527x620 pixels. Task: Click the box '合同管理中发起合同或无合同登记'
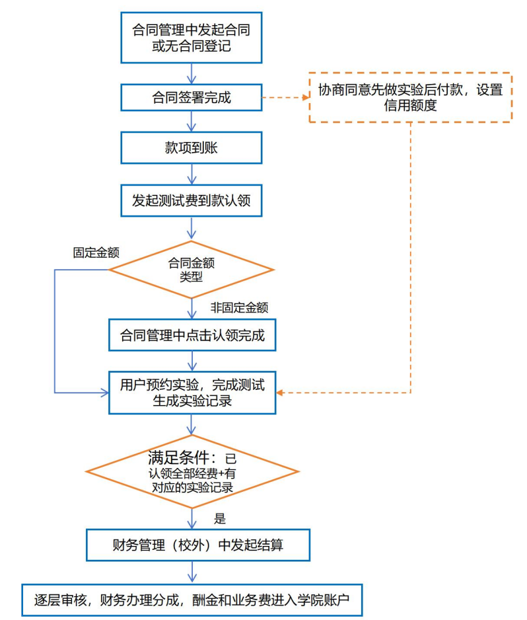(x=192, y=38)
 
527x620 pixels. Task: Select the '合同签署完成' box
(x=192, y=98)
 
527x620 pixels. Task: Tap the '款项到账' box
(x=192, y=148)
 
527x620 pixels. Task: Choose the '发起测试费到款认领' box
(x=192, y=200)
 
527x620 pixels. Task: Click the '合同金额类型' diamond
(x=192, y=270)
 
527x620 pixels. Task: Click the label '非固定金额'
(x=239, y=307)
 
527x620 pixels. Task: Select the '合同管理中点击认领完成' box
(x=192, y=336)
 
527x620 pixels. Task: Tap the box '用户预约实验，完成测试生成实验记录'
(x=192, y=393)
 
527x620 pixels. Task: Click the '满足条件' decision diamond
(x=192, y=471)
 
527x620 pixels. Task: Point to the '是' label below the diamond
(x=220, y=518)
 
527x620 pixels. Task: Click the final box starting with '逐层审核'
(x=192, y=600)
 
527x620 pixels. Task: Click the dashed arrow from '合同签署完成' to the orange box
(x=285, y=98)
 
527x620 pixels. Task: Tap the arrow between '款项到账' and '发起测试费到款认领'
(x=192, y=174)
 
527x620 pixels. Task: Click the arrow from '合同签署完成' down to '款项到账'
(x=192, y=121)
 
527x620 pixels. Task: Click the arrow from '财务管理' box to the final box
(x=192, y=572)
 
